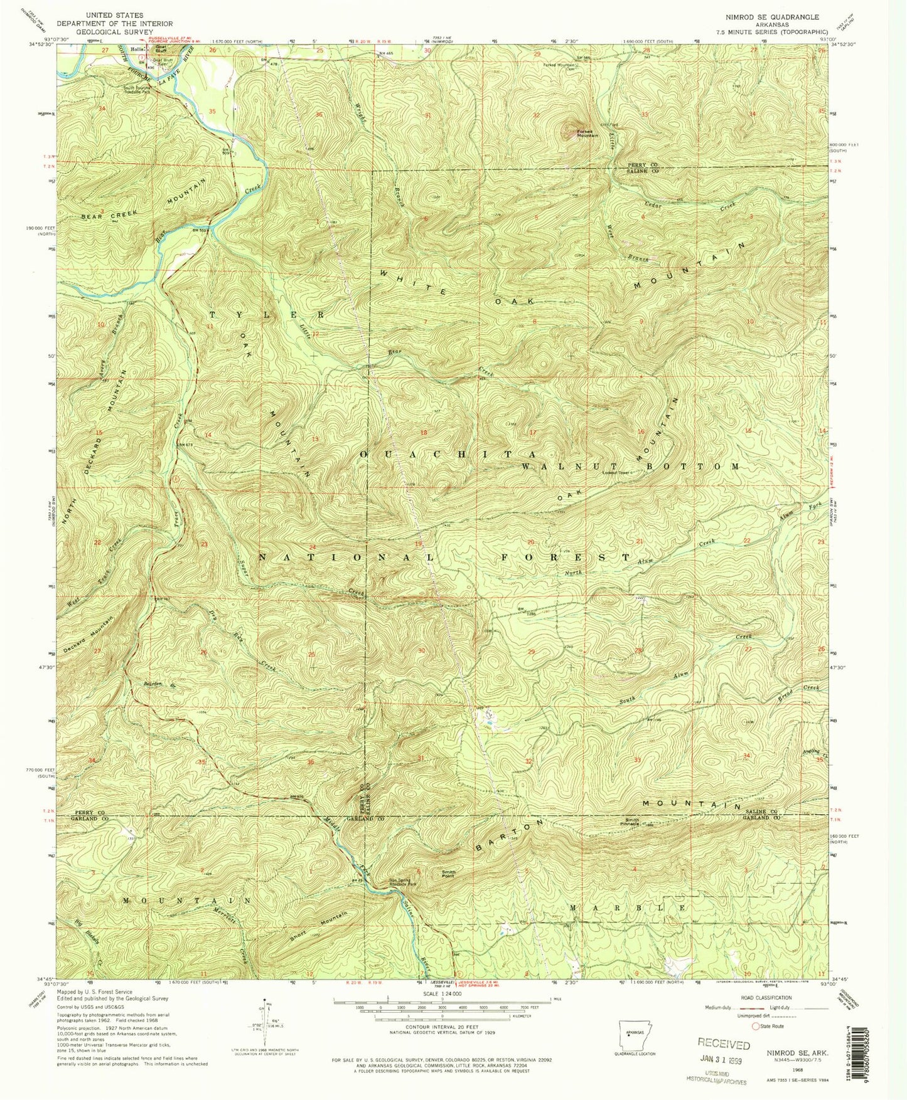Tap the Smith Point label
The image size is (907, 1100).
point(448,874)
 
